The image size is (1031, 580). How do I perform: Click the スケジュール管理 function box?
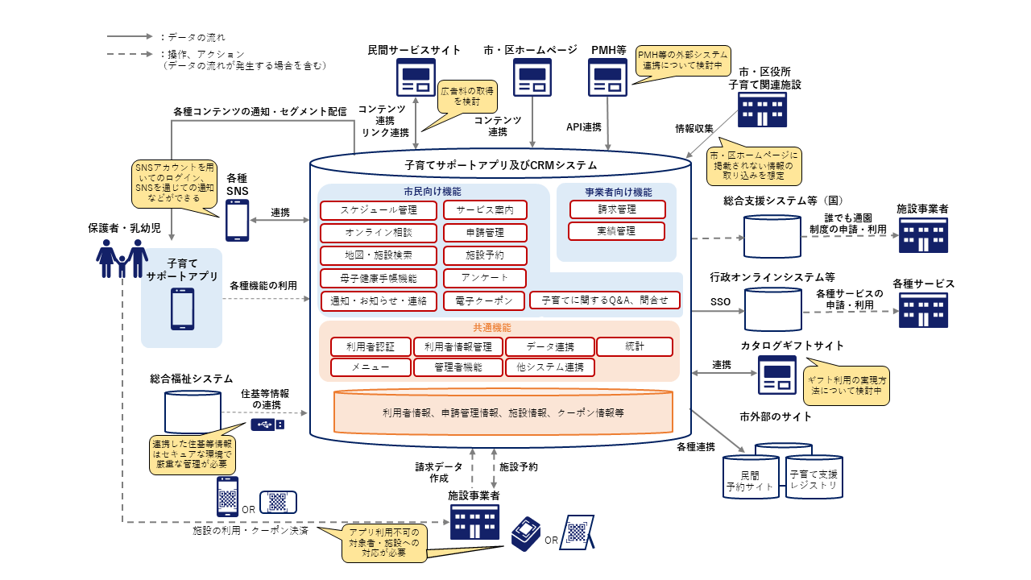(379, 210)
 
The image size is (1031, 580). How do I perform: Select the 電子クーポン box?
(484, 300)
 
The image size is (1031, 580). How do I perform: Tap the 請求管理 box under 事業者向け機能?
(617, 209)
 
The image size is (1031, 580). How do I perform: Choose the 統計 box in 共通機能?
(634, 347)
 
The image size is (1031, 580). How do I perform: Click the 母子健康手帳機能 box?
(379, 278)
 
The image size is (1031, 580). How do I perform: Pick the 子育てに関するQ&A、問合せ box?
(605, 300)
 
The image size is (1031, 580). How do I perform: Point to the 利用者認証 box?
(371, 347)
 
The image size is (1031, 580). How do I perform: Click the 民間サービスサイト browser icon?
(415, 78)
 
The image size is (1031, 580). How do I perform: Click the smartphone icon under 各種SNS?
(237, 220)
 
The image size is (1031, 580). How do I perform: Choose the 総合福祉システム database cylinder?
(192, 411)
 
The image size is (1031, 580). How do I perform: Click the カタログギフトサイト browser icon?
(776, 375)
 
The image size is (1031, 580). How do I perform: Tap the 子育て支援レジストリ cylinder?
(814, 477)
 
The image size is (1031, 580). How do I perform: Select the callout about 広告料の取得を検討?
(467, 97)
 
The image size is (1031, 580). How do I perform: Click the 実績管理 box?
(617, 231)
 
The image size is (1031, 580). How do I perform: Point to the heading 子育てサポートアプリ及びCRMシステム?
(500, 165)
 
